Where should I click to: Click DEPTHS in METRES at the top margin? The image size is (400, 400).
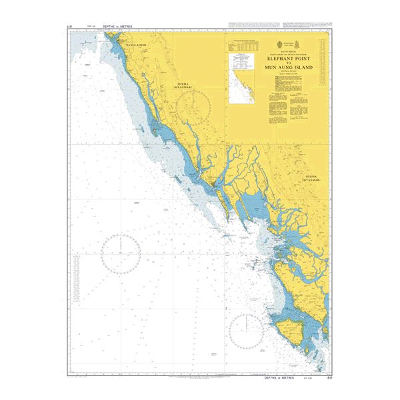pyautogui.click(x=117, y=27)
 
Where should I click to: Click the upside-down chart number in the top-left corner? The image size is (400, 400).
pyautogui.click(x=70, y=27)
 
